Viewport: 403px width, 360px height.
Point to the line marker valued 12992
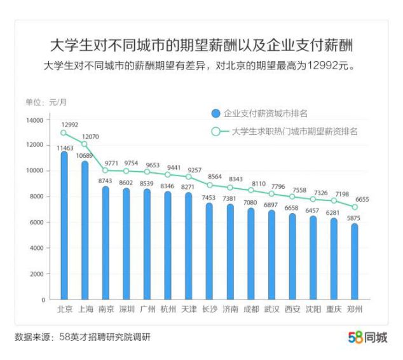click(x=64, y=132)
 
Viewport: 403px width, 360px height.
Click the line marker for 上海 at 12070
click(x=85, y=144)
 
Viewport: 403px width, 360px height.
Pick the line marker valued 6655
click(x=355, y=207)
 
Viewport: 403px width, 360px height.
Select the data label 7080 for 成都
click(x=250, y=204)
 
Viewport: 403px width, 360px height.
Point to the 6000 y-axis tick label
click(x=36, y=223)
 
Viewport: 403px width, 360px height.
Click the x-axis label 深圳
click(x=126, y=310)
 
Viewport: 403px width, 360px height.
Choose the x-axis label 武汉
click(x=271, y=310)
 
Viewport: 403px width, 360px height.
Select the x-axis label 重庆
click(x=334, y=310)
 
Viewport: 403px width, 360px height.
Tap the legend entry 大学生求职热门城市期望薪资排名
click(x=285, y=132)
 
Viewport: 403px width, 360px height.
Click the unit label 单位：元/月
click(x=46, y=102)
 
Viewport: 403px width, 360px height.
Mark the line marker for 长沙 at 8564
click(x=209, y=184)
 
